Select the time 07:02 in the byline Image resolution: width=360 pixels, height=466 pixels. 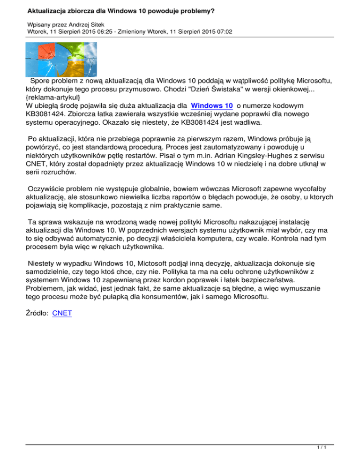pos(222,31)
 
